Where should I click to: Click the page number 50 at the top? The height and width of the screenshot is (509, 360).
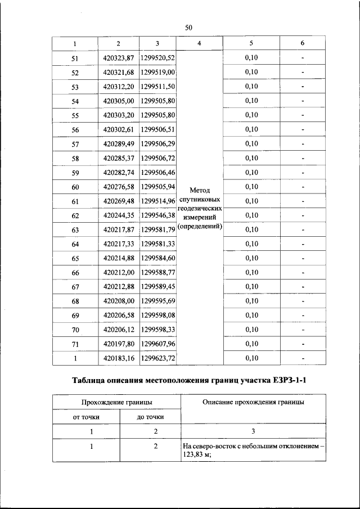(x=188, y=28)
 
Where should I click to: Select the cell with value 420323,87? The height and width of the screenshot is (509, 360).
(x=119, y=58)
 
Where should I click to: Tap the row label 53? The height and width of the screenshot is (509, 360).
(x=75, y=87)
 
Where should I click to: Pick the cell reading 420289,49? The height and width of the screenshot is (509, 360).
(x=119, y=144)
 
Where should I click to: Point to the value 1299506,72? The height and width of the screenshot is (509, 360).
(x=158, y=158)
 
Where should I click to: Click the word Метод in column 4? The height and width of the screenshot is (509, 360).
(x=200, y=190)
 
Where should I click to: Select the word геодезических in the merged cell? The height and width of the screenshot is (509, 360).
(x=200, y=208)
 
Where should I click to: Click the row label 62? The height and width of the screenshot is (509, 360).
(x=75, y=215)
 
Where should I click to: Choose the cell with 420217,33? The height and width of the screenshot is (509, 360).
(x=119, y=244)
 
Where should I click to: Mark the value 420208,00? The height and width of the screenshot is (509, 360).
(x=119, y=301)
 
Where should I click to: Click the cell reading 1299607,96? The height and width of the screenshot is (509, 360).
(x=158, y=344)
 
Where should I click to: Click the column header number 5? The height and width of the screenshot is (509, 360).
(x=251, y=43)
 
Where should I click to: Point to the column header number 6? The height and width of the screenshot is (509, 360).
(x=302, y=43)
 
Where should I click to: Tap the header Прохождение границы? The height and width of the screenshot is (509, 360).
(x=117, y=402)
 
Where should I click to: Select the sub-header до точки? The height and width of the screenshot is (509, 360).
(x=150, y=417)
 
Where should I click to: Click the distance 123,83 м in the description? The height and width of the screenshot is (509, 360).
(x=195, y=456)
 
